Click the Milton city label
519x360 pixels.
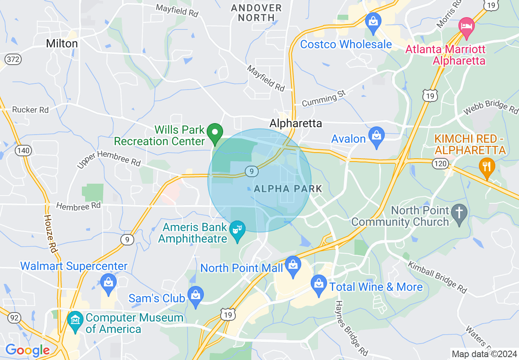(62, 43)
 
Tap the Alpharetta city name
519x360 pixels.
(296, 123)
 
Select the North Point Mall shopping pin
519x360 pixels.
(293, 266)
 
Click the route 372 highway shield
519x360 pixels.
(14, 59)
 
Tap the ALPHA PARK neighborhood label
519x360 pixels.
(288, 189)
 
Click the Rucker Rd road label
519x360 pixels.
(30, 110)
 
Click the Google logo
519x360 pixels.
(27, 351)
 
